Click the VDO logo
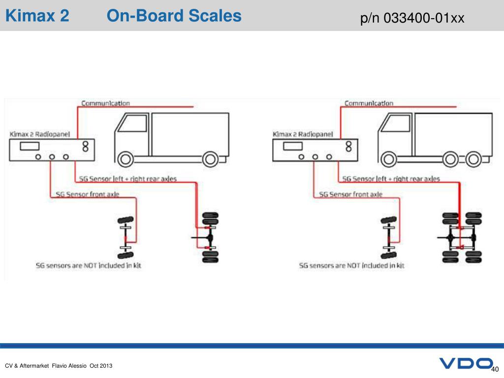[466, 363]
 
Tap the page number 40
[495, 369]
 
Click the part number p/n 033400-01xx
[412, 18]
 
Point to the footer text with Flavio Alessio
[59, 366]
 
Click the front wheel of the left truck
[126, 159]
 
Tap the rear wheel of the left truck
[210, 159]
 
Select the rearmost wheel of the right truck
[473, 159]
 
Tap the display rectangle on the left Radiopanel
[30, 146]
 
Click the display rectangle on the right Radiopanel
[293, 146]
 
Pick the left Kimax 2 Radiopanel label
[39, 134]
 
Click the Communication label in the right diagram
[369, 103]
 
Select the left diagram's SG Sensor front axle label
[88, 194]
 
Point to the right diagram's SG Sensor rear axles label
[391, 179]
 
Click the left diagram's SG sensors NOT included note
[89, 265]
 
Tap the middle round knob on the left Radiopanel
[52, 157]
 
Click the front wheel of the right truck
[389, 159]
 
